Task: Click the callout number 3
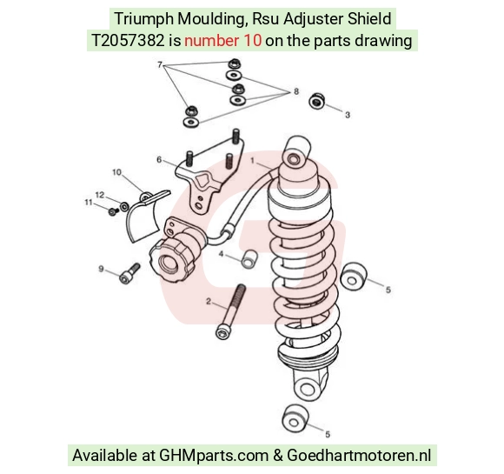(348, 115)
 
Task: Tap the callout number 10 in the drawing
(116, 172)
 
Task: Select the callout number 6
(159, 160)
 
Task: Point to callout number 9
(101, 269)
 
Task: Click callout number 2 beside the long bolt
(209, 302)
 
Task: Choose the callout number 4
(221, 254)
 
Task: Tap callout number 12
(100, 195)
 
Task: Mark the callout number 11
(89, 203)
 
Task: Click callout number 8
(296, 91)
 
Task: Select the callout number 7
(160, 64)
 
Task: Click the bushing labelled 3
(316, 101)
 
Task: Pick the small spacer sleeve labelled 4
(249, 258)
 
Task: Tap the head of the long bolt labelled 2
(222, 333)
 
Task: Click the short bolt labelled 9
(129, 274)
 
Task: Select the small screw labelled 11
(113, 211)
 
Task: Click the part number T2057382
(128, 41)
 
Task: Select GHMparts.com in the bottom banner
(214, 456)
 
